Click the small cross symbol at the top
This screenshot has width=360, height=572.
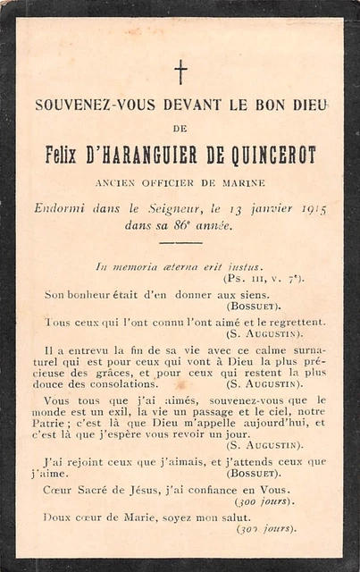tap(180, 71)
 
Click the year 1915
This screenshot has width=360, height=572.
tap(313, 209)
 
